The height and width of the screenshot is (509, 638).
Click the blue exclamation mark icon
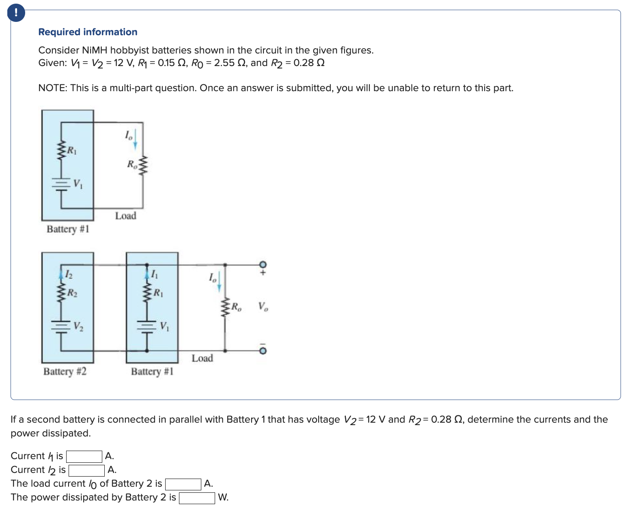click(16, 13)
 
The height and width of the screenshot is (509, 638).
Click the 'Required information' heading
click(88, 32)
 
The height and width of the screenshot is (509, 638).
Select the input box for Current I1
click(84, 457)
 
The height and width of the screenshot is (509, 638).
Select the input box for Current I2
click(87, 471)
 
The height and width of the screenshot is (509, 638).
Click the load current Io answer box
click(183, 484)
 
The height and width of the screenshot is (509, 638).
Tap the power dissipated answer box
click(197, 498)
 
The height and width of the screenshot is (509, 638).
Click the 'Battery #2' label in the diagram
click(65, 371)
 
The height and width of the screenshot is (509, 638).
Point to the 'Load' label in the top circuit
click(125, 216)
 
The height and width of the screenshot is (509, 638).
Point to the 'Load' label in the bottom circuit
click(202, 358)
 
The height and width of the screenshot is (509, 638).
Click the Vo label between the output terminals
click(263, 306)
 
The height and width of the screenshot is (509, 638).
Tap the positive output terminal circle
click(263, 265)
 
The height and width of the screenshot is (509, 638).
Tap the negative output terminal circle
click(263, 351)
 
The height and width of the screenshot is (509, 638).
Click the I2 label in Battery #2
click(69, 275)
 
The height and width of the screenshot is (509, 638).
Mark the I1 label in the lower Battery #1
click(154, 275)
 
